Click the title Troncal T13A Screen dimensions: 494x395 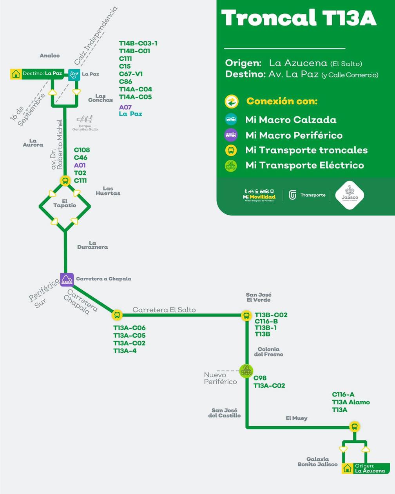(x=299, y=18)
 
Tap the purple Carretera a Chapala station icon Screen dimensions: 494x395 (x=67, y=279)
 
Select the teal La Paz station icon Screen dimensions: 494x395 (x=74, y=74)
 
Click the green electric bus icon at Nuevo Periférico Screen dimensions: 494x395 (x=246, y=371)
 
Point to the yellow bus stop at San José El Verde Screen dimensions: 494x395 (x=246, y=315)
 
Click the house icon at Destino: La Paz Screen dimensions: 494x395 (x=16, y=74)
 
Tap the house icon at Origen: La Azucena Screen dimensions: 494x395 (x=347, y=468)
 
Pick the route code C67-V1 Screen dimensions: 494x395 (x=131, y=74)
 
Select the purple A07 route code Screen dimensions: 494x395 (x=125, y=107)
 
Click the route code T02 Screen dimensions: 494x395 (x=80, y=173)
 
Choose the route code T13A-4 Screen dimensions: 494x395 (x=125, y=351)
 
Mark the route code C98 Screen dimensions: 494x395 (x=260, y=378)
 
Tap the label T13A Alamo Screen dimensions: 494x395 (x=351, y=402)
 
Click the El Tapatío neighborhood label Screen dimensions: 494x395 (x=65, y=203)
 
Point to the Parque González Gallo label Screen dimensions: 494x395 (x=85, y=127)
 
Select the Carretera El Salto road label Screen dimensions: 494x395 (x=164, y=309)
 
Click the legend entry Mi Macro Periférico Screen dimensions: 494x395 (x=294, y=135)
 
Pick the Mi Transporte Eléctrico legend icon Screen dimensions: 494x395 (x=231, y=165)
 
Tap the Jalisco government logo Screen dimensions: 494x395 (x=350, y=195)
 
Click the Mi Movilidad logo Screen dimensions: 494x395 (x=259, y=195)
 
